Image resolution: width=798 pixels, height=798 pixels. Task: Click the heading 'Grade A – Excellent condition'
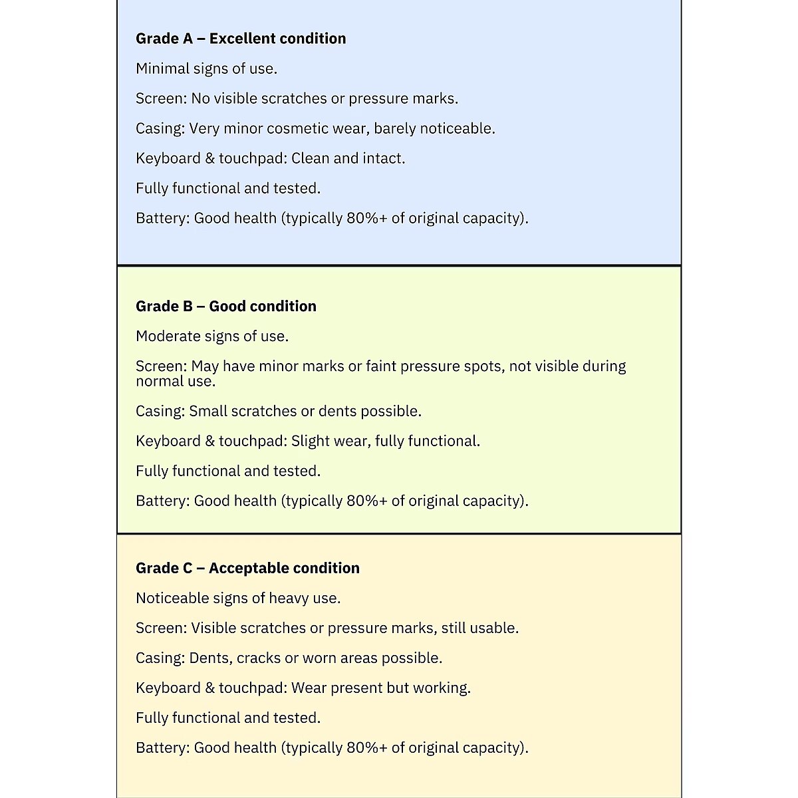coord(241,39)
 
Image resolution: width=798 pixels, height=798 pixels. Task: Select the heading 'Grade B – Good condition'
coord(226,307)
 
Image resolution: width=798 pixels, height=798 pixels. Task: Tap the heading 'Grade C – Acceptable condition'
coord(247,569)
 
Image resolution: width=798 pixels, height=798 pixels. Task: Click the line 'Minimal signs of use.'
coord(206,68)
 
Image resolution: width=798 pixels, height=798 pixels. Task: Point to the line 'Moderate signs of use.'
coord(212,336)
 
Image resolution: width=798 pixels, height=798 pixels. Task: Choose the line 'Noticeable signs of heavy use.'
coord(238,598)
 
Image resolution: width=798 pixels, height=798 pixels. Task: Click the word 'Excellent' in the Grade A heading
coord(241,39)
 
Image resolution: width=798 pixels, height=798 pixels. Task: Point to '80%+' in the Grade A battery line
coord(366,219)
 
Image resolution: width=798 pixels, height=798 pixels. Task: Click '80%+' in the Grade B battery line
coord(366,501)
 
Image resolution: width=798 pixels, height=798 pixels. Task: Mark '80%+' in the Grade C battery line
coord(366,748)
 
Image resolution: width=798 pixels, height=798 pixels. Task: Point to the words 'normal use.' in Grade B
coord(176,382)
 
